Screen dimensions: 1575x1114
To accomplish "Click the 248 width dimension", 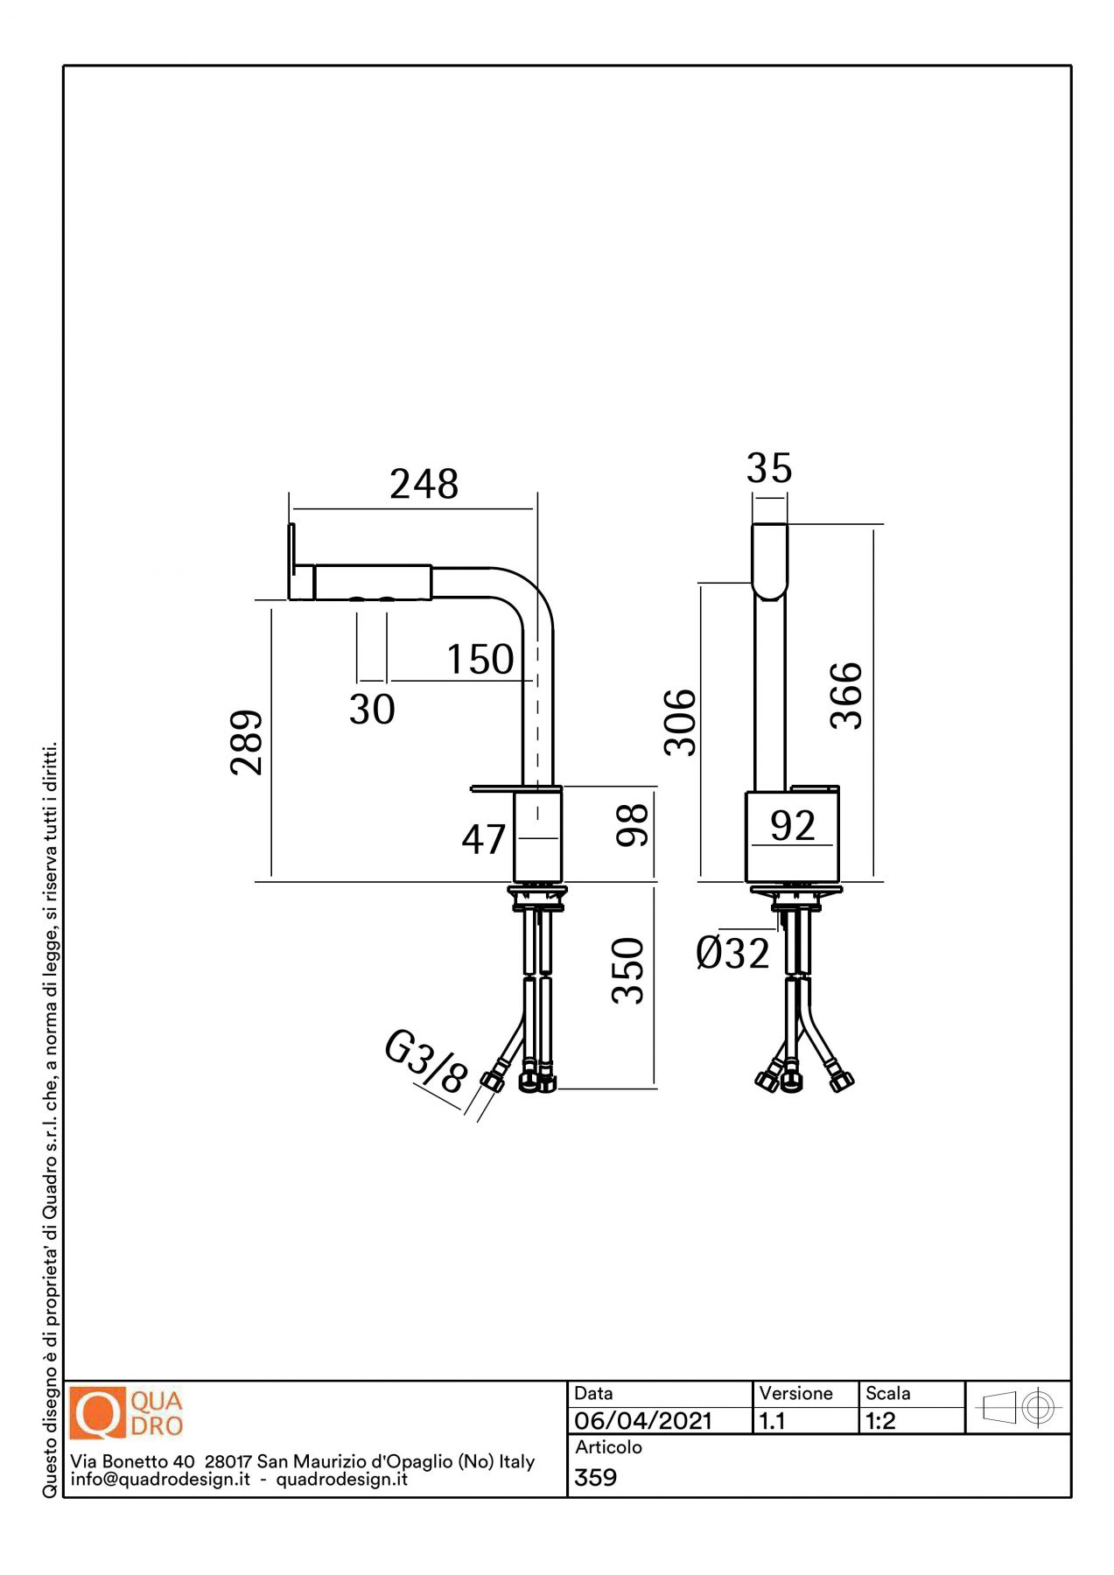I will (424, 484).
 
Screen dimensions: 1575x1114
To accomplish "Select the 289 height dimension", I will (247, 742).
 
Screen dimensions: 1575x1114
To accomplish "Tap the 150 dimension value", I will (480, 659).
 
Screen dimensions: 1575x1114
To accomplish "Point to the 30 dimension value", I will (372, 709).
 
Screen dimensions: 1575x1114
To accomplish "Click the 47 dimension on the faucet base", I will (483, 839).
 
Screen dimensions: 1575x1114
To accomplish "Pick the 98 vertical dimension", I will (632, 825).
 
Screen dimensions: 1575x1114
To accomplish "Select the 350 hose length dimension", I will (627, 970).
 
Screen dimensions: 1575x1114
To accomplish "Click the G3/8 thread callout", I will (426, 1060).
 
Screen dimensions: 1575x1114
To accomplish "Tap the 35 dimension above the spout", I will (769, 468).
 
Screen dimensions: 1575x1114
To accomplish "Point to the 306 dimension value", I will (680, 722).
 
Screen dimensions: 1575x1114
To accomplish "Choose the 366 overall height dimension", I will (846, 696).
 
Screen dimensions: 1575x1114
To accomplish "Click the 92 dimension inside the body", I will (793, 825).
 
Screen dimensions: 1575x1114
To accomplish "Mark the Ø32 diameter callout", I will (732, 953).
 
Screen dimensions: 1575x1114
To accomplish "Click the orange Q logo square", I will (99, 1413).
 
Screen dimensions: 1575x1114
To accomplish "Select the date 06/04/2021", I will (643, 1420).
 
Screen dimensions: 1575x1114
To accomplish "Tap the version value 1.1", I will (772, 1420).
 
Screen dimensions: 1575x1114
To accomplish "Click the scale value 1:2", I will (880, 1420).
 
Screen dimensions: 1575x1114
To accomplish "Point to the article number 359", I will (596, 1477).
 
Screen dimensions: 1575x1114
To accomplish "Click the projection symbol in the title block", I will (1019, 1408).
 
